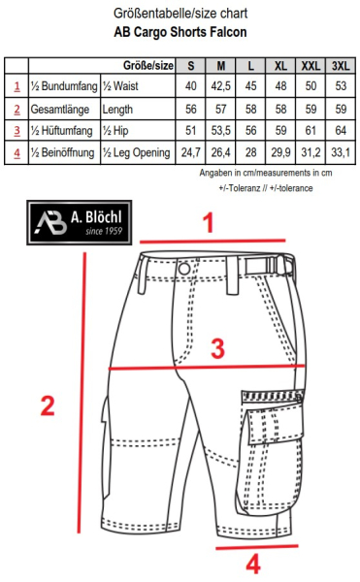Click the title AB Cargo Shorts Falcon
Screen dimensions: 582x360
pyautogui.click(x=180, y=31)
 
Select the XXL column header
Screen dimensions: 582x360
pyautogui.click(x=311, y=65)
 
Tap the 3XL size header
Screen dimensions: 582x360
pyautogui.click(x=341, y=65)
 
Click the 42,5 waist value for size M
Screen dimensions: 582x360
pyautogui.click(x=221, y=86)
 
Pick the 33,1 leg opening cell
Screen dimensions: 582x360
pyautogui.click(x=341, y=152)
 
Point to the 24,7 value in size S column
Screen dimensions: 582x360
pyautogui.click(x=190, y=152)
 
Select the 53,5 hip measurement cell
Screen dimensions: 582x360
pyautogui.click(x=221, y=130)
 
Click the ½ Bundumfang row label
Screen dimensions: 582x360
pyautogui.click(x=63, y=86)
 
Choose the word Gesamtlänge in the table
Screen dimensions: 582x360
pyautogui.click(x=59, y=109)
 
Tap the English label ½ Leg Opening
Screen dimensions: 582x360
pyautogui.click(x=136, y=152)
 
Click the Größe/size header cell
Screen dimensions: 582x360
pyautogui.click(x=150, y=65)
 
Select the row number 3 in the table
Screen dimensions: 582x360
pyautogui.click(x=16, y=130)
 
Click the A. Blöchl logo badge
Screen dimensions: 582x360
pyautogui.click(x=82, y=221)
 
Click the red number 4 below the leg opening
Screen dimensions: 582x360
pyautogui.click(x=252, y=564)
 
